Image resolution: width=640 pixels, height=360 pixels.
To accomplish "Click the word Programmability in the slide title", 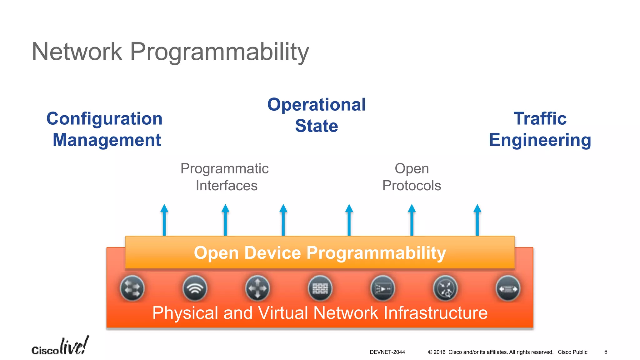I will [x=219, y=52].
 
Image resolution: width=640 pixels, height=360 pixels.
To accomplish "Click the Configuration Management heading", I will [x=105, y=129].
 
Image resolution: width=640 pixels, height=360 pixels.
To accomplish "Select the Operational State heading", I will [x=316, y=115].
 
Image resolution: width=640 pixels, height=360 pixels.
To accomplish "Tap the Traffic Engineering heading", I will [x=540, y=129].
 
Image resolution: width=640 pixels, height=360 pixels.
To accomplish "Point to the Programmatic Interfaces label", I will [x=225, y=177].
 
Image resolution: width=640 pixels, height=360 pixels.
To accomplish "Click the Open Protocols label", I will [x=412, y=177].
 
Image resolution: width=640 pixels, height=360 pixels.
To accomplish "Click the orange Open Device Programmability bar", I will [x=320, y=252].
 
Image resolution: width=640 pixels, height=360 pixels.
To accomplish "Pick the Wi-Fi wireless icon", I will [x=195, y=288].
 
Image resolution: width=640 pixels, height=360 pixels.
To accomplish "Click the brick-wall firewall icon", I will [x=320, y=288].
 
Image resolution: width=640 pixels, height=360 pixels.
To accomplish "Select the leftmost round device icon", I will [x=132, y=288].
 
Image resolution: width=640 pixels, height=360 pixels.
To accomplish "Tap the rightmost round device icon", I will [x=508, y=288].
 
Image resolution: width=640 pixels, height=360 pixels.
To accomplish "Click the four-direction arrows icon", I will [x=257, y=288].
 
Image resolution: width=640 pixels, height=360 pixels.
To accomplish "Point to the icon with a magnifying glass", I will [x=445, y=288].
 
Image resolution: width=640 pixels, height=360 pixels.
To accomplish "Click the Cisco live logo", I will [x=60, y=346].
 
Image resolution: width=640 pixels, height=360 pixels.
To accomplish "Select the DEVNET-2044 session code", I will [x=387, y=352].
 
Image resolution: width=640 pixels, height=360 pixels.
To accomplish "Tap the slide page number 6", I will [x=606, y=352].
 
